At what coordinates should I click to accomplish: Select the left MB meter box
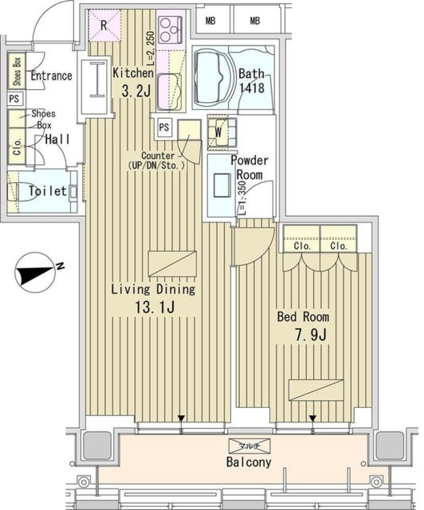tap(211, 21)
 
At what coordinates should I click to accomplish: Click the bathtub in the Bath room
tap(212, 78)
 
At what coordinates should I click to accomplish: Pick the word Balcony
tap(249, 462)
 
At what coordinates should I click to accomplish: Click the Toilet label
tap(47, 192)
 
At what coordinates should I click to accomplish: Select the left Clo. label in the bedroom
tap(302, 246)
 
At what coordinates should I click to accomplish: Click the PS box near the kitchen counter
tap(164, 128)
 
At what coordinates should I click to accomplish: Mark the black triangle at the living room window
tap(181, 418)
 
